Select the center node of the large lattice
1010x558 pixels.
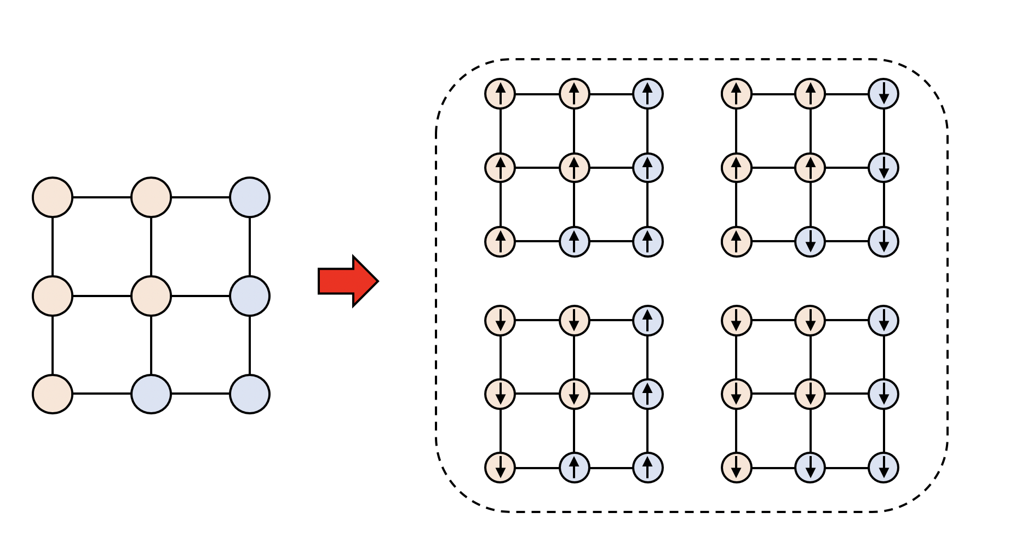151,296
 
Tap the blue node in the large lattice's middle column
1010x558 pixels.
151,394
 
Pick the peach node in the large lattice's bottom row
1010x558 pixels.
53,394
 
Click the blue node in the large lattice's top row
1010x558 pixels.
250,197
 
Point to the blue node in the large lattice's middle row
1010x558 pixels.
250,296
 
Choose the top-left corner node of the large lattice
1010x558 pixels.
53,197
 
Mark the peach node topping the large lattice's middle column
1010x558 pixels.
151,197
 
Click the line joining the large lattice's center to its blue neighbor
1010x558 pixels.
200,296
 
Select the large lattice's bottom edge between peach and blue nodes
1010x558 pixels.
102,394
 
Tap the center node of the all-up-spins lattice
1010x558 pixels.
574,167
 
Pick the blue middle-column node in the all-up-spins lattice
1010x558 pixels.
574,241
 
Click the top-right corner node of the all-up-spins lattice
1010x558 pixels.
648,94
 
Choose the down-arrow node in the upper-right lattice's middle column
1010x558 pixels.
810,241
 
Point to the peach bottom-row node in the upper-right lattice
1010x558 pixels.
737,241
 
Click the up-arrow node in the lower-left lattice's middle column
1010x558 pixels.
574,468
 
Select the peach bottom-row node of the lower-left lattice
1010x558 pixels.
500,468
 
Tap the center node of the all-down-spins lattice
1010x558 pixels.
810,394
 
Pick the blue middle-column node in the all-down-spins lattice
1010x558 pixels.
810,468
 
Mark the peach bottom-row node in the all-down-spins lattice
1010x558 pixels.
737,468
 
